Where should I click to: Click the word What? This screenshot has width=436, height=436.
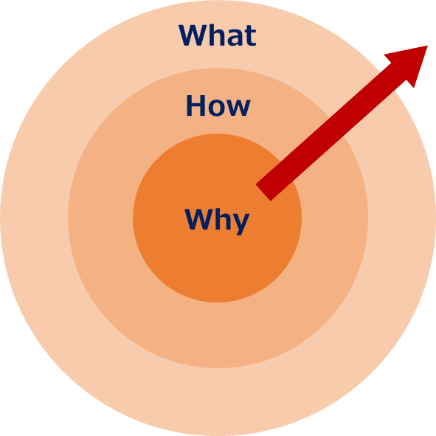tap(217, 35)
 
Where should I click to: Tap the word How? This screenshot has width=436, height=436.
tap(218, 105)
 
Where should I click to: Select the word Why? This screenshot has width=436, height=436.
tap(217, 221)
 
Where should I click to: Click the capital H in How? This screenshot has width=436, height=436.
tap(195, 105)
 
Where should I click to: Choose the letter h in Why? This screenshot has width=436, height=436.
tap(224, 219)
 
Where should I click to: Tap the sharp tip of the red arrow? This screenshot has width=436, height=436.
tap(427, 46)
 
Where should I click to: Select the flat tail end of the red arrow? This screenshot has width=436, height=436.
tap(263, 193)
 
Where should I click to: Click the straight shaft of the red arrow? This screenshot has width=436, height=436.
tap(331, 132)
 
